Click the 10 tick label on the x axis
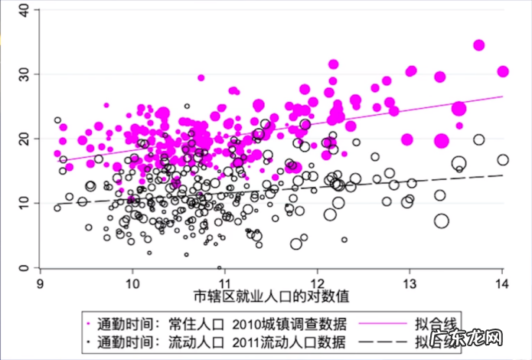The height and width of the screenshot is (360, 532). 132,282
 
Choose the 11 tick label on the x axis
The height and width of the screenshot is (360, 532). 225,282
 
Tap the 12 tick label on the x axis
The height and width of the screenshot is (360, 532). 317,282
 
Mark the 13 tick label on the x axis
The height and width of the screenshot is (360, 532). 410,282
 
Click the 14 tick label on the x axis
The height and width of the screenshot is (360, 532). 502,282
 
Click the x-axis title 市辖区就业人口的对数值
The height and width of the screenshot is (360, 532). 272,296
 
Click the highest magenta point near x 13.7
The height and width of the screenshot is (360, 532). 479,45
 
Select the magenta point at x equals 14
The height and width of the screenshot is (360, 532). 503,71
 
